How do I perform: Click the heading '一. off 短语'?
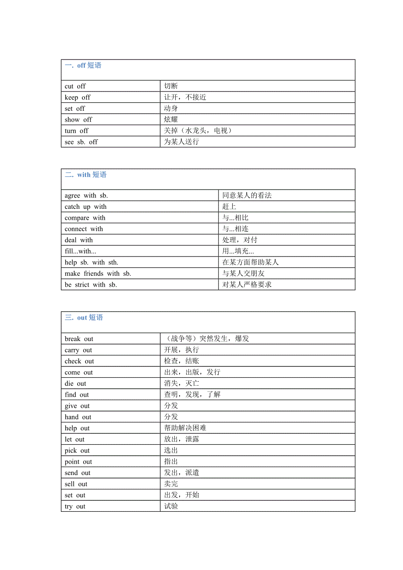click(83, 65)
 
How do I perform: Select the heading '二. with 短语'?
click(85, 175)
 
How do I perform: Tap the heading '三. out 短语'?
click(84, 317)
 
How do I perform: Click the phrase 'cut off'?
click(75, 86)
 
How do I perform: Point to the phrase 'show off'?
click(78, 120)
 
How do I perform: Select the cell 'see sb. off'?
click(81, 142)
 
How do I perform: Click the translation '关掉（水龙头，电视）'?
click(198, 130)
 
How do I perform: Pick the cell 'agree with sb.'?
click(86, 196)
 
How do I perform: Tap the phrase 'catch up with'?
click(85, 207)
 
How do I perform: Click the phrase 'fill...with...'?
click(80, 251)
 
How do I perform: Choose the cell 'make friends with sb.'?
click(98, 274)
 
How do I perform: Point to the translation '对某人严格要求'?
click(247, 285)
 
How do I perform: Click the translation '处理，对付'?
click(240, 240)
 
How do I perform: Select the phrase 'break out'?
click(79, 339)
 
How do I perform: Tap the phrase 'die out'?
click(75, 384)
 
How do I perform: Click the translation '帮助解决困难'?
click(185, 428)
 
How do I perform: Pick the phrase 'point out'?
click(78, 462)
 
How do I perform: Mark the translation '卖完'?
click(171, 484)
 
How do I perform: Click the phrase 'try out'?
click(75, 507)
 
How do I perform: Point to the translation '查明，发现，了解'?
click(192, 394)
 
